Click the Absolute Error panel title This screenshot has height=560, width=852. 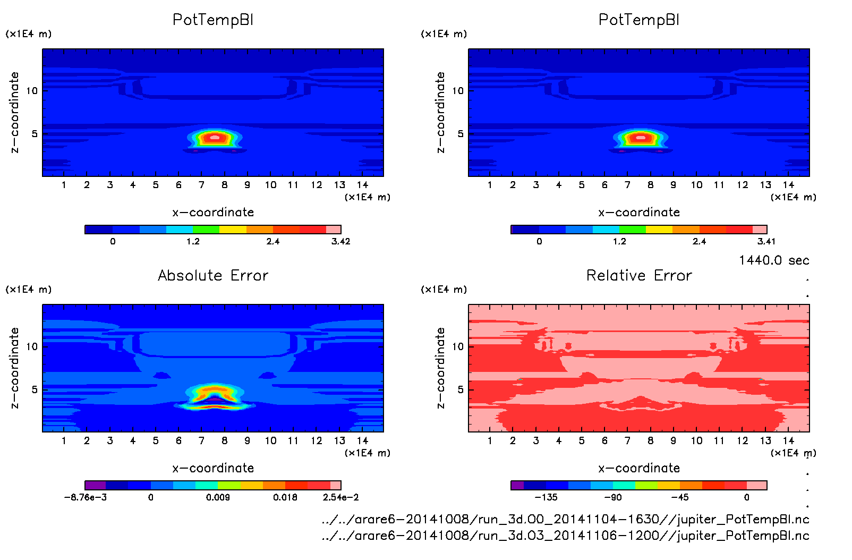point(213,275)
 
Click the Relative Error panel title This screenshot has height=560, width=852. point(639,275)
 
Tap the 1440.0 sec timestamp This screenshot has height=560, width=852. point(774,260)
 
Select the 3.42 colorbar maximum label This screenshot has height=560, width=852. point(340,242)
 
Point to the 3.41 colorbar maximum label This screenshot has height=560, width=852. point(766,242)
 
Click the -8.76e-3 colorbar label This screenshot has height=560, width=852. point(86,497)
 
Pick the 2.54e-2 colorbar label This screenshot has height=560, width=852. point(340,497)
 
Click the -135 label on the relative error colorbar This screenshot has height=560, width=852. point(546,497)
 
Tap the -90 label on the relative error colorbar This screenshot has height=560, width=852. point(612,497)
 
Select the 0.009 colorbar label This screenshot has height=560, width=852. point(218,497)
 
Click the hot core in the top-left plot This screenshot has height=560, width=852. point(215,138)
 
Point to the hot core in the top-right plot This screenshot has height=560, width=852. point(641,138)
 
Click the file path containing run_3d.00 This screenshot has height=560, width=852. point(565,519)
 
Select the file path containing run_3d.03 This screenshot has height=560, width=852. point(565,536)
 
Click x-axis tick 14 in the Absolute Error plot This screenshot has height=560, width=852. point(362,440)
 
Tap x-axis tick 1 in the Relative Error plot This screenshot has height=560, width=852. point(490,440)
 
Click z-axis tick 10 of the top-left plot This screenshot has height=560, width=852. point(32,91)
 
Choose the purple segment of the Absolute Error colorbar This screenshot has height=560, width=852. point(96,485)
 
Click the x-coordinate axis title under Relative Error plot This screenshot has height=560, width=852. point(639,468)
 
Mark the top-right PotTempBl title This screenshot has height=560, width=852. point(639,20)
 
